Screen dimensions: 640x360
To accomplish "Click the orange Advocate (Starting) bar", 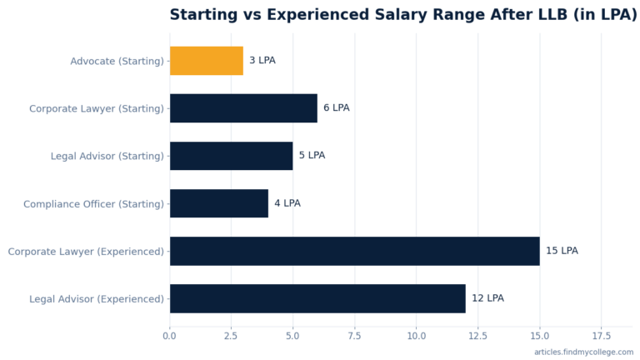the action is coord(207,61).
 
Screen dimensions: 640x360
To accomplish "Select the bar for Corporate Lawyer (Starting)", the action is coord(243,108).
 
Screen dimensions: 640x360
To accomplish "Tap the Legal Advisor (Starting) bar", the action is coord(232,156).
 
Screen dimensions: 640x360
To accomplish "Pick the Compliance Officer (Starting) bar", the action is coord(219,203).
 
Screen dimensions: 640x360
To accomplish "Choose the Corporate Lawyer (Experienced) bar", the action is coord(355,251).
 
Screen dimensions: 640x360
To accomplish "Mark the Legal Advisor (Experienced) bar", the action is coord(317,299).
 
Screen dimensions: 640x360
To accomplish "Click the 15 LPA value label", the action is coord(562,251).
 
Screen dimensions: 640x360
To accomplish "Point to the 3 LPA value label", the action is coord(262,60).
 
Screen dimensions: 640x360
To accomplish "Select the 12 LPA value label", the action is coord(487,298).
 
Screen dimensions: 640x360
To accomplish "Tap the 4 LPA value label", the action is coord(287,203).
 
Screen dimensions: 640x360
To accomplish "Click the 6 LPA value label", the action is coord(337,107).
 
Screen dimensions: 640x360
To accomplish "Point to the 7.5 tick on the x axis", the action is coord(354,336).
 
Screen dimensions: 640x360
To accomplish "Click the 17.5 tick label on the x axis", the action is coord(601,336).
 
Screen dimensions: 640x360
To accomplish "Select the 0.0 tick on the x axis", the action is coord(169,336).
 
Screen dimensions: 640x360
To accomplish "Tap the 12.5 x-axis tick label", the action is coord(478,336).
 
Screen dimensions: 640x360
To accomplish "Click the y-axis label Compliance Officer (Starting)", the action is coord(93,204).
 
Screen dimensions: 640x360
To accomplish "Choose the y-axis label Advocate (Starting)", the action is coord(117,61).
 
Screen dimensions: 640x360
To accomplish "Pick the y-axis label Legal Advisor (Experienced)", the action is coord(97,299).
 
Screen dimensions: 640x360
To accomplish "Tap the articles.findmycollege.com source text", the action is coord(583,352).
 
